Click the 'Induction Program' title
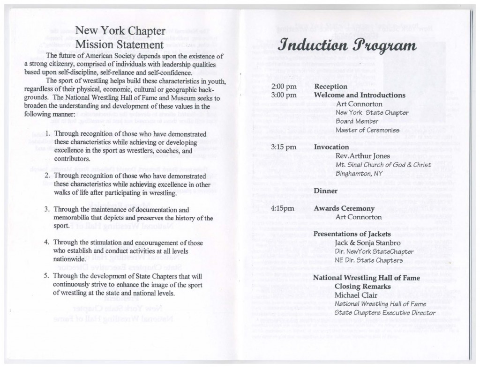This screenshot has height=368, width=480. coord(347,46)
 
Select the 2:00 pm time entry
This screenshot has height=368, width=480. coord(284,87)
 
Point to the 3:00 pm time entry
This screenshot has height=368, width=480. coord(284,95)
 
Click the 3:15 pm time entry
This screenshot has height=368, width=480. coord(284,147)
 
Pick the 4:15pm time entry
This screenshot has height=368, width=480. coord(283,208)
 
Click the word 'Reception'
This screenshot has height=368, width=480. coord(330,87)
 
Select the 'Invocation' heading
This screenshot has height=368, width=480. coord(332,147)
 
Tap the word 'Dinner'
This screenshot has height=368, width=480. coord(325,191)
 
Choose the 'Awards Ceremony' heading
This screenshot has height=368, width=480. coord(344,208)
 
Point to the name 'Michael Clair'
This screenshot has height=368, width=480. coord(358,295)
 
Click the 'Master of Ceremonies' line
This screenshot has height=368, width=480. coord(367,130)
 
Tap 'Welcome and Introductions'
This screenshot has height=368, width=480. coord(360,95)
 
